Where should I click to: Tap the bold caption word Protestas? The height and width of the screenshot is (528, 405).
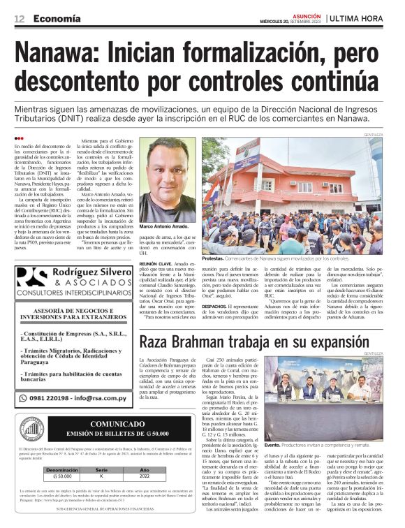point(214,258)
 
